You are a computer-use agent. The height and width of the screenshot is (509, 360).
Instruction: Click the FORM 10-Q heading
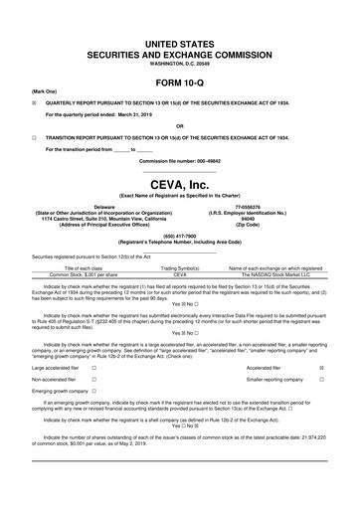point(180,84)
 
